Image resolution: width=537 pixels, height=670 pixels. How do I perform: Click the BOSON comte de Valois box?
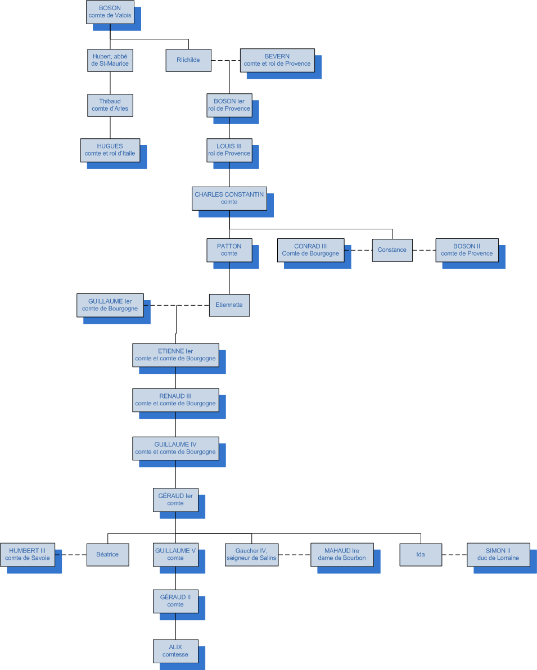(x=110, y=12)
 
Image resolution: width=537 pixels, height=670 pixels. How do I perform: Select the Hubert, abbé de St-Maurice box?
(x=110, y=60)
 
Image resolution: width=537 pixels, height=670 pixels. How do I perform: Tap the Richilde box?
(x=188, y=60)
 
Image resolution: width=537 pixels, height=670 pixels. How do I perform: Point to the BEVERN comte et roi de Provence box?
(x=277, y=60)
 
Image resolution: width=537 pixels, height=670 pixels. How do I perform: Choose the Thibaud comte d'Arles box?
(x=110, y=105)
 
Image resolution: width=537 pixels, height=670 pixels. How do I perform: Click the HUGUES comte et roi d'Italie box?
(x=110, y=150)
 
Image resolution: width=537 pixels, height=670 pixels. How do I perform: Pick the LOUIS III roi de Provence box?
(x=229, y=150)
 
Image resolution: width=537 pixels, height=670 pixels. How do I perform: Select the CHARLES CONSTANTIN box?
(x=229, y=198)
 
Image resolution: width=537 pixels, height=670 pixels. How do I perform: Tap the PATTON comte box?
(x=229, y=250)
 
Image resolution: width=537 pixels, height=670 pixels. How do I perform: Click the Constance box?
(x=392, y=250)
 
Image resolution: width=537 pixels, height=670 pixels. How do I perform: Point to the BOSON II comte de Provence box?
(x=467, y=250)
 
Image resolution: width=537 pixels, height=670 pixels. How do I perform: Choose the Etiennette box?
(x=229, y=305)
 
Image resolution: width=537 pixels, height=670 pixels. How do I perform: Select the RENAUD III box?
(x=175, y=400)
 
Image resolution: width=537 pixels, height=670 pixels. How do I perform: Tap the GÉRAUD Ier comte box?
(x=175, y=500)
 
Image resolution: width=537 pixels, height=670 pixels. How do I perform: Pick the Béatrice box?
(x=107, y=554)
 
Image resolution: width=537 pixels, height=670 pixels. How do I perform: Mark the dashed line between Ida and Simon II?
(x=454, y=555)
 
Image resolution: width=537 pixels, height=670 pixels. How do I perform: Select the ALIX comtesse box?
(x=175, y=650)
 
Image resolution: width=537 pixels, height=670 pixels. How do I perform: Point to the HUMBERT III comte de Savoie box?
(x=28, y=554)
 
